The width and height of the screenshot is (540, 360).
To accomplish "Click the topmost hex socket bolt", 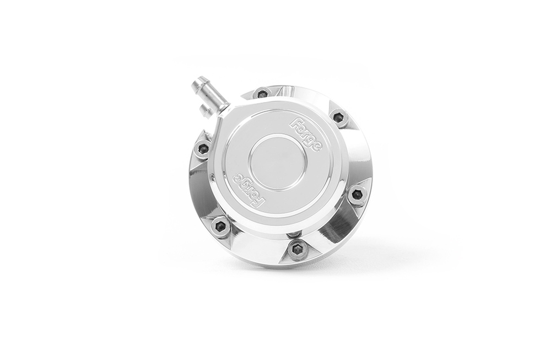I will [x=262, y=93].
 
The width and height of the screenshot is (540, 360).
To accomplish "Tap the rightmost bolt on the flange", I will [x=357, y=194].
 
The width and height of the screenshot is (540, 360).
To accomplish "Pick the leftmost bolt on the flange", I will [x=203, y=148].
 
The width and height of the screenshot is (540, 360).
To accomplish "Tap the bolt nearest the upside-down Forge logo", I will [x=221, y=225].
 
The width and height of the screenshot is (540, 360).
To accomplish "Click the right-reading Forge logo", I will [x=310, y=133].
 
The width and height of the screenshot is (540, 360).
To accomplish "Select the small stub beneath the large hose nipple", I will [x=206, y=110].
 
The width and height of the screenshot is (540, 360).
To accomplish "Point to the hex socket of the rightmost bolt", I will [x=357, y=194].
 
